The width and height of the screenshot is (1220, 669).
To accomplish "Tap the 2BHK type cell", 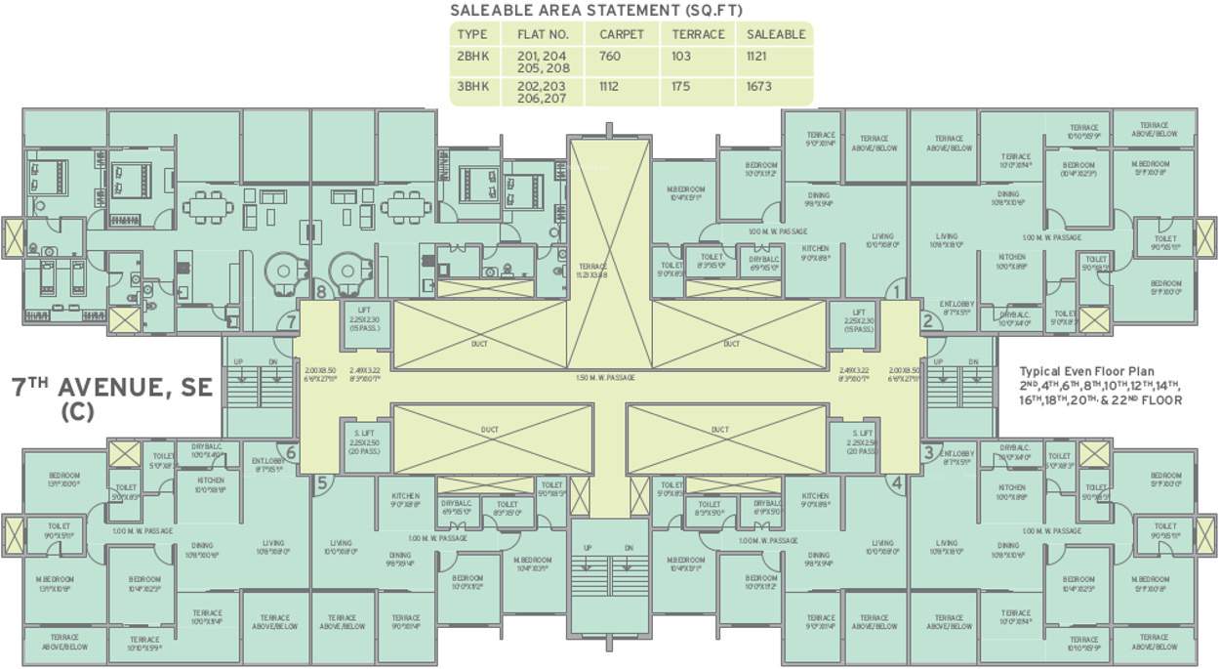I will tap(472, 57).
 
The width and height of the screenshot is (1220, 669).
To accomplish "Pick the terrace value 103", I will tap(681, 57).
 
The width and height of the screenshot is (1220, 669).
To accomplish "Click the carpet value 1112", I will tap(610, 86).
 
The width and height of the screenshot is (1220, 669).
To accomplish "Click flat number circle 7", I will tap(288, 322).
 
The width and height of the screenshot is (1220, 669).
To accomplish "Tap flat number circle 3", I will tap(927, 451).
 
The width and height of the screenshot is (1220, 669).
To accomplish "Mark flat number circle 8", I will tap(321, 289).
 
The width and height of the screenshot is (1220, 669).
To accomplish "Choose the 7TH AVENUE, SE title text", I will tap(112, 388).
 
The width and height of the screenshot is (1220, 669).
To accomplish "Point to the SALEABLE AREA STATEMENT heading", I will tap(595, 11).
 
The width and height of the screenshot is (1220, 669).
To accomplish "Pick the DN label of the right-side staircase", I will tap(973, 362).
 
